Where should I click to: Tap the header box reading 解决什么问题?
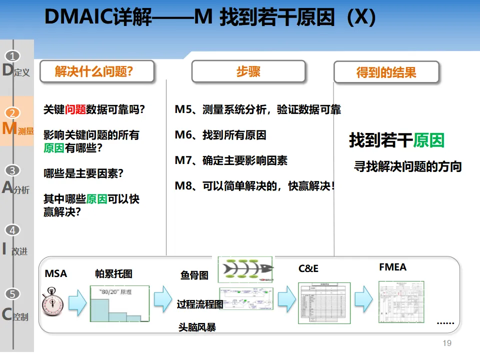pos(96,72)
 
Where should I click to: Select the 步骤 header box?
pos(248,71)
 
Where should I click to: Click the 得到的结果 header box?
pos(386,72)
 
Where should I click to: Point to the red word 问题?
pos(75,109)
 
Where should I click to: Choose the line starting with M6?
pos(220,135)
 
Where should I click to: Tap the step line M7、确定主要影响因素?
pos(231,161)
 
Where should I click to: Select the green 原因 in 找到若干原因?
pos(428,140)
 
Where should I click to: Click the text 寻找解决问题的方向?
pos(407,166)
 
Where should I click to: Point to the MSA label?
pos(56,273)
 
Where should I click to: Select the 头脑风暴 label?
pos(197,327)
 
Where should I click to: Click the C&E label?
pos(308,268)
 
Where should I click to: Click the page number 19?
pos(447,343)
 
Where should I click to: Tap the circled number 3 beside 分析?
pos(13,170)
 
